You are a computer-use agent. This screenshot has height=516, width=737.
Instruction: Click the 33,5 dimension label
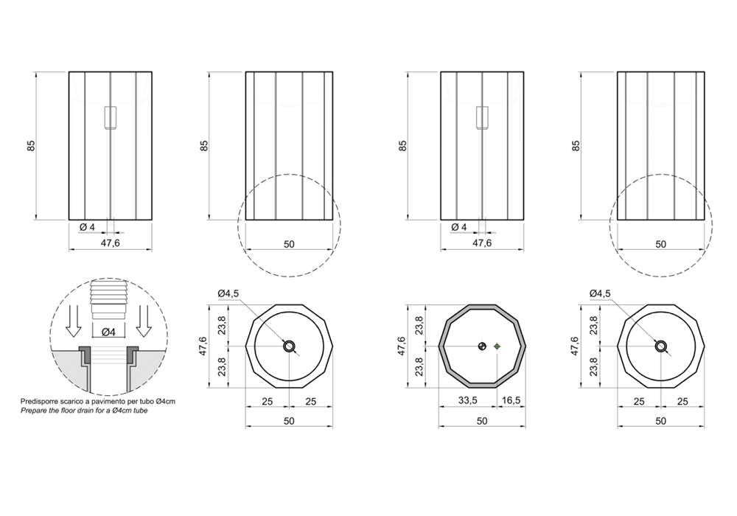coord(467,400)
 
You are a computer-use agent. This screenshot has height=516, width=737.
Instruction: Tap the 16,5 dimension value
coord(511,400)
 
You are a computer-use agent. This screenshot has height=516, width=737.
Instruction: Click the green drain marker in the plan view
coord(497,346)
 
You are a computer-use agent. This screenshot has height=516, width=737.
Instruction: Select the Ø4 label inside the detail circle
coord(108,332)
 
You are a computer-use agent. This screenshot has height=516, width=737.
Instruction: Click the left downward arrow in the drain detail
coord(72,321)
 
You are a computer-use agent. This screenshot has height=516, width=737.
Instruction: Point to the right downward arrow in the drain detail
coord(144,321)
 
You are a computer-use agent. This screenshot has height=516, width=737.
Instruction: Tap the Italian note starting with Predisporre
coord(98,402)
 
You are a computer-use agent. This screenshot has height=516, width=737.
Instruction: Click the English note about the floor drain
coord(84,411)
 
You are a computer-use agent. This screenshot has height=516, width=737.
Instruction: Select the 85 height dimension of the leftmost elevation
coord(31,146)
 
